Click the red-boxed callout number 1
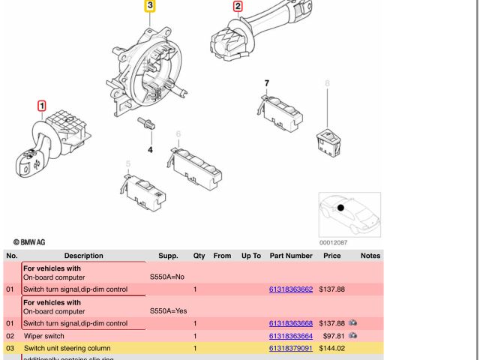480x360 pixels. (x=42, y=106)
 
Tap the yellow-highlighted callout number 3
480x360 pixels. (x=150, y=6)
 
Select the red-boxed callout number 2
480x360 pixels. (x=238, y=7)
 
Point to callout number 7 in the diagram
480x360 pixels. (x=266, y=82)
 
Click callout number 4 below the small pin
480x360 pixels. (x=150, y=150)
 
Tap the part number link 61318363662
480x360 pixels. (x=291, y=289)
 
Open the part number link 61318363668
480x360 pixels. (x=291, y=323)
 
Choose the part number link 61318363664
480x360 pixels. (x=291, y=336)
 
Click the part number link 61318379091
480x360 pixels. (x=291, y=348)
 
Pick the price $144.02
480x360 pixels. (x=332, y=348)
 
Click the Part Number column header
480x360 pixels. (x=291, y=256)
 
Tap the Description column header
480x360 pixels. (x=83, y=256)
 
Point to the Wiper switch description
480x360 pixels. (x=44, y=336)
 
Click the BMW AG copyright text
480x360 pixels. (x=29, y=241)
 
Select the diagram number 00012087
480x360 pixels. (x=333, y=242)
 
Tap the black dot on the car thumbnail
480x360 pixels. (x=340, y=208)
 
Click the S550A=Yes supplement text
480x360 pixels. (x=167, y=310)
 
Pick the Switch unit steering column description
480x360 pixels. (x=67, y=348)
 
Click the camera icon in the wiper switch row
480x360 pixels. (x=352, y=335)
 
